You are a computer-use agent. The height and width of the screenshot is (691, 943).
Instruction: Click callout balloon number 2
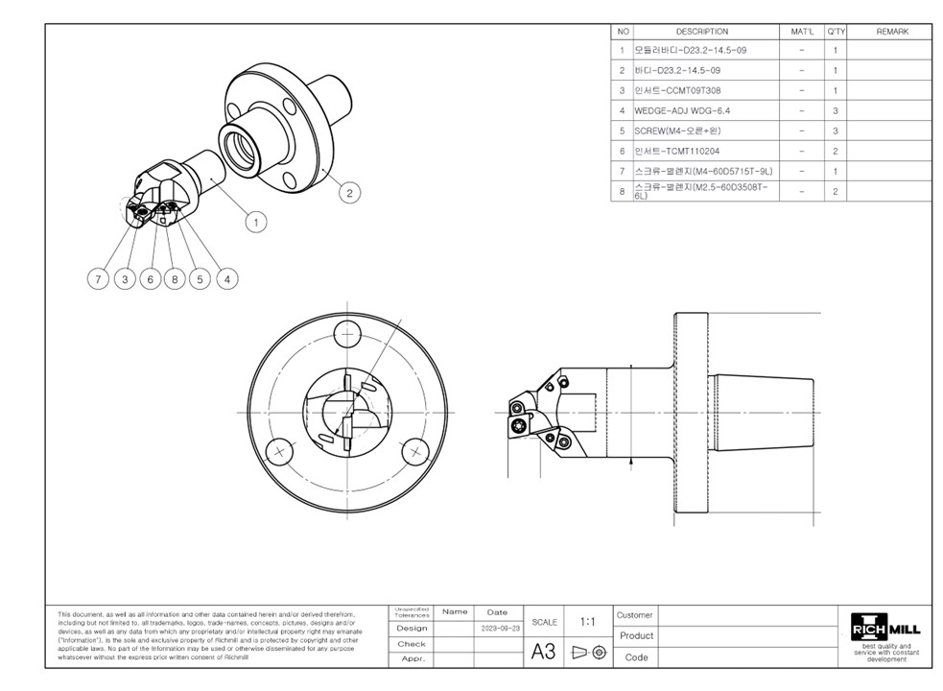coord(349,193)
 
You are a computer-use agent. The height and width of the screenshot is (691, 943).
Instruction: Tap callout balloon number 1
coord(255,223)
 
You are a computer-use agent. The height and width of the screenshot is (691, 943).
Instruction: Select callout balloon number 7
coord(98,279)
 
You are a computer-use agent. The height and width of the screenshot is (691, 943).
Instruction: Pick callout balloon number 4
coord(226,279)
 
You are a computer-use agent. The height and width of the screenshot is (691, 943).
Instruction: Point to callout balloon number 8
coord(175,279)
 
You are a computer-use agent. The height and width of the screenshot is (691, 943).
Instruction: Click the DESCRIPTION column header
coord(701,32)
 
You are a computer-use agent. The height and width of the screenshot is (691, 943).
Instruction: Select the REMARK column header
coord(891,32)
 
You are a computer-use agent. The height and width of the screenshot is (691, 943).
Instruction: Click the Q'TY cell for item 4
coord(836,110)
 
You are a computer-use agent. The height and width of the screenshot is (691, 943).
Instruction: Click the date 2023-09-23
coord(501,628)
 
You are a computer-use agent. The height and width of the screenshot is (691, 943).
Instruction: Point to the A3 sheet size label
coord(543,652)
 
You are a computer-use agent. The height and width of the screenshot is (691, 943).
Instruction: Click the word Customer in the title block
coord(635,615)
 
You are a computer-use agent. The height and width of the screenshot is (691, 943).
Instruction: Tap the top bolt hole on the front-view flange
coord(345,335)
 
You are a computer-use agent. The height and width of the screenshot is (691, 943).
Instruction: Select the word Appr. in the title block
coord(413,659)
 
